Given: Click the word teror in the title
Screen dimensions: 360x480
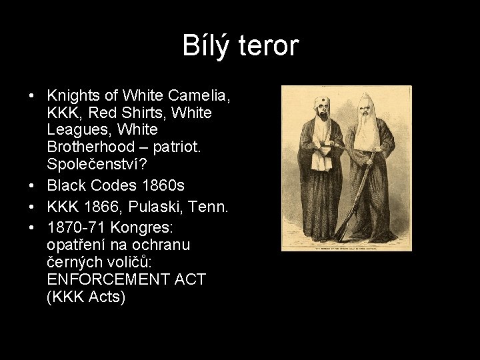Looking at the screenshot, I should coord(267,46).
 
